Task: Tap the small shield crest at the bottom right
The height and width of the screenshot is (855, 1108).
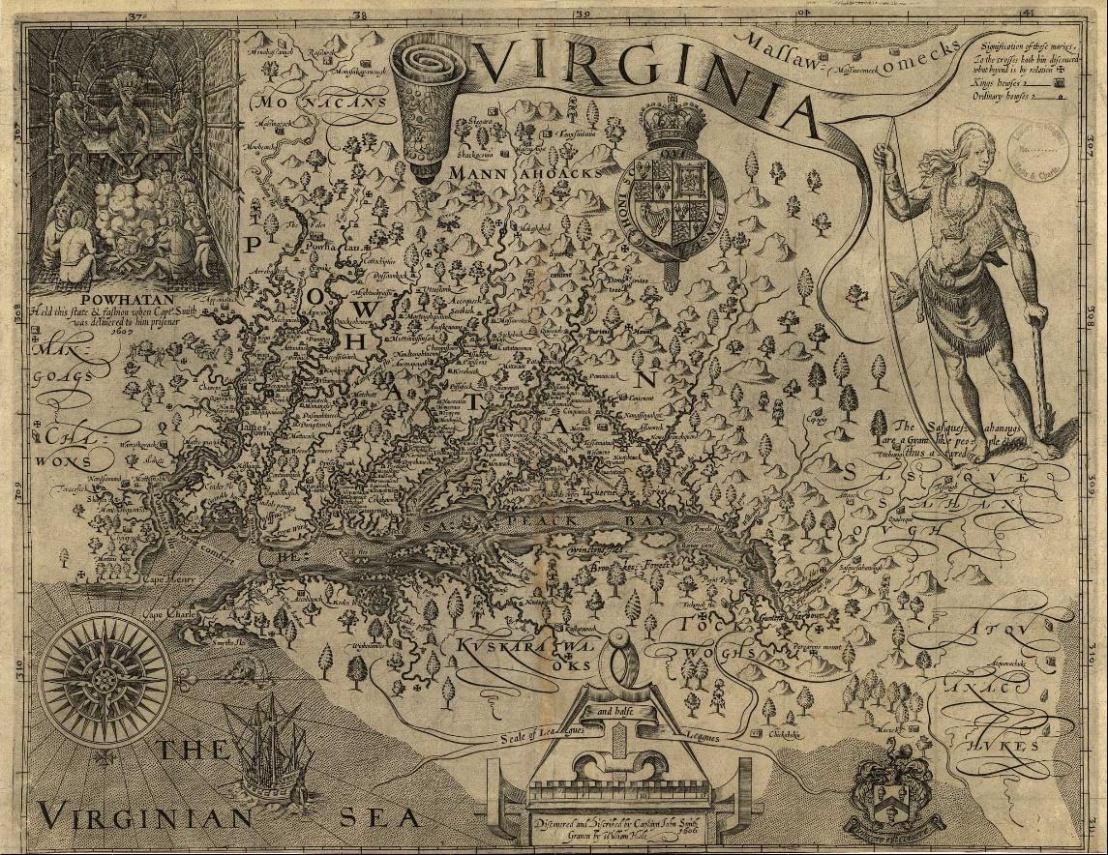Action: (x=887, y=795)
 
